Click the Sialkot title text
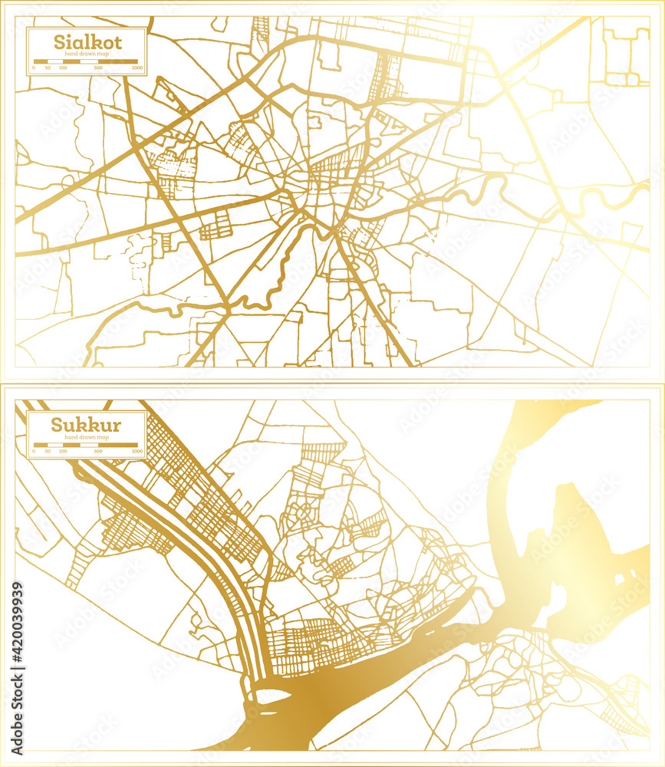click(76, 41)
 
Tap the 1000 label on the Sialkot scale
click(137, 68)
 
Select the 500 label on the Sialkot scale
click(98, 68)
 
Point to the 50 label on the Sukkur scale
click(48, 452)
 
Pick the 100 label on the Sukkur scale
click(62, 452)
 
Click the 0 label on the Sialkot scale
click(35, 68)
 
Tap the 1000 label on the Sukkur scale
click(137, 452)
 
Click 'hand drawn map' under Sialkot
click(87, 54)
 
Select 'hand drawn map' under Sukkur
click(87, 437)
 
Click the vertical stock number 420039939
click(18, 644)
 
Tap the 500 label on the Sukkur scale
click(98, 452)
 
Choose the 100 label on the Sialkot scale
click(62, 68)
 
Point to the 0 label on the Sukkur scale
click(35, 452)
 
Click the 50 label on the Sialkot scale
click(48, 68)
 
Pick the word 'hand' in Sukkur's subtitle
click(71, 437)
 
